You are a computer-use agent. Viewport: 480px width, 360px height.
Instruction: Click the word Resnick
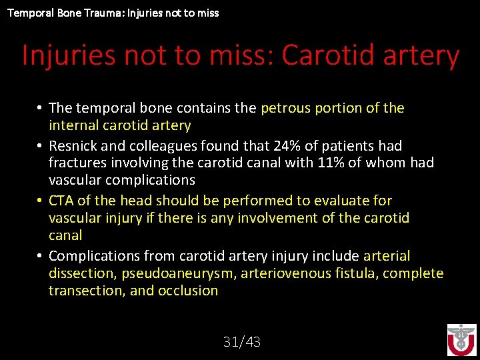click(x=73, y=145)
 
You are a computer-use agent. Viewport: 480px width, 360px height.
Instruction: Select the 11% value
click(x=327, y=163)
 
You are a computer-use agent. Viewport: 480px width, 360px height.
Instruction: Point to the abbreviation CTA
click(x=61, y=201)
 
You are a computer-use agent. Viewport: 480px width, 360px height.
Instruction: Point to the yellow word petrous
click(x=285, y=108)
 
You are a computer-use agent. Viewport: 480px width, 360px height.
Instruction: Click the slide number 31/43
click(x=241, y=342)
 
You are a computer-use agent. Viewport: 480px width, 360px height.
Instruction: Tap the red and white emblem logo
click(x=461, y=340)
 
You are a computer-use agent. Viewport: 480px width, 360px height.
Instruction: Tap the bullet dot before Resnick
click(x=40, y=145)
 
